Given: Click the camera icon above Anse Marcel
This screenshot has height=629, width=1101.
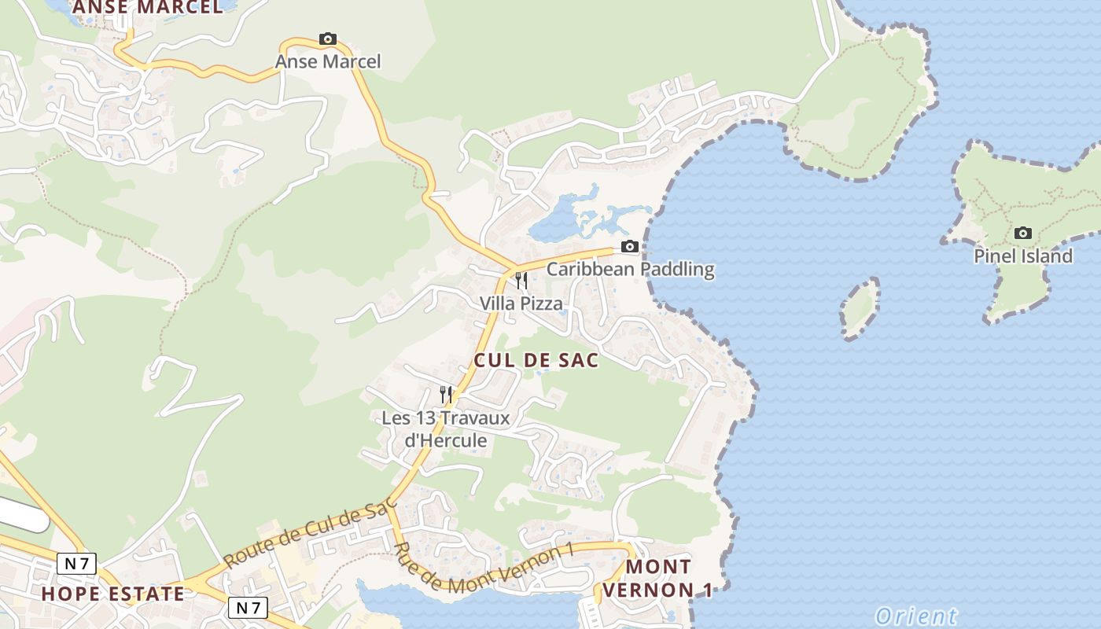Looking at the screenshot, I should (328, 39).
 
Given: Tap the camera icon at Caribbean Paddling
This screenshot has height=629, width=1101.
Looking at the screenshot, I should (629, 247).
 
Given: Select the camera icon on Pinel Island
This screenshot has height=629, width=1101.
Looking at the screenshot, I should (1022, 233).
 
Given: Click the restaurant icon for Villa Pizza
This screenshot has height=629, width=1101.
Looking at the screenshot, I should (521, 281).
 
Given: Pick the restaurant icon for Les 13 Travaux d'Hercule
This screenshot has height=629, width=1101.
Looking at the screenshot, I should (446, 394).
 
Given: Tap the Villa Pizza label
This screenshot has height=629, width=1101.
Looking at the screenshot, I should (521, 303).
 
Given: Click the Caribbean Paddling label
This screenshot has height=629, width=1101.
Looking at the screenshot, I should (630, 269).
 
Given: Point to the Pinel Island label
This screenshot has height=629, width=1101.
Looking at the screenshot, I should (1022, 256).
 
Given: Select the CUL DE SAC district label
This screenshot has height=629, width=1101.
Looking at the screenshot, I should (536, 360).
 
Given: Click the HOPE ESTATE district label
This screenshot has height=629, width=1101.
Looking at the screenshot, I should (112, 594).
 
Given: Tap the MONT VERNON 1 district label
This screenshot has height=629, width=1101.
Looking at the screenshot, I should (658, 578).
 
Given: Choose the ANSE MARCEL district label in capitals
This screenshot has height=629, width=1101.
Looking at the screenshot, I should (148, 7).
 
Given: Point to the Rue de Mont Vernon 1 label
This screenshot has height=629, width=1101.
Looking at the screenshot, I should (481, 568).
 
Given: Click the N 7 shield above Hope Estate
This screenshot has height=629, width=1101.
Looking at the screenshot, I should (76, 563).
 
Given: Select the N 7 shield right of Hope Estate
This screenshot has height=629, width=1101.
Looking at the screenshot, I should (248, 607).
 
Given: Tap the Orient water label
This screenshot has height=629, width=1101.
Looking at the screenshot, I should (916, 616).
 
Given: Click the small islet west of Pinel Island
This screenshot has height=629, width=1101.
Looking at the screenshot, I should (859, 308).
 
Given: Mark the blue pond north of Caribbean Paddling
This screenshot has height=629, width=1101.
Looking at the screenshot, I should (560, 223).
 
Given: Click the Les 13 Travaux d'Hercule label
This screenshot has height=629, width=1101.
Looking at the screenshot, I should (446, 429).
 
